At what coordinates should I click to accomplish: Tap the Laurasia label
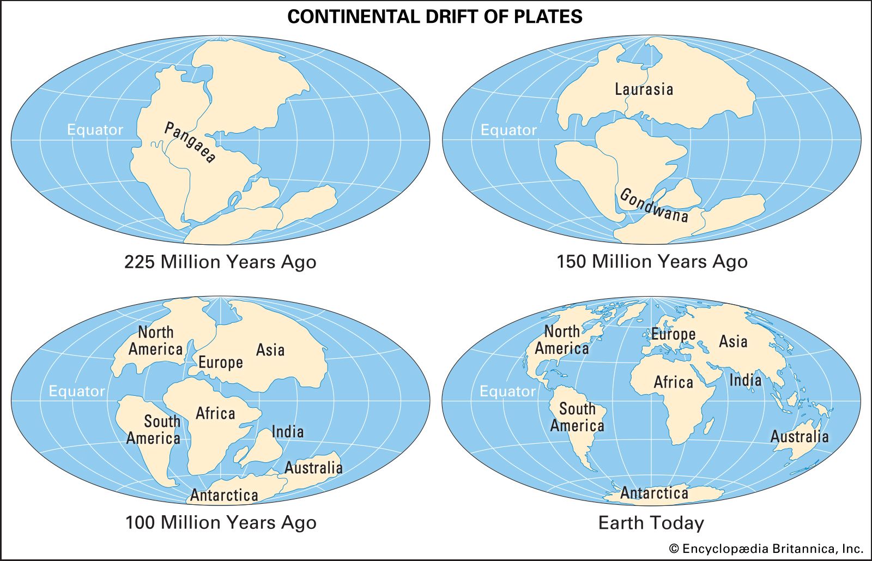(x=644, y=89)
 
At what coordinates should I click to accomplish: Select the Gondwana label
(x=654, y=205)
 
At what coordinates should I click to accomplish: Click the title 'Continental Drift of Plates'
(x=434, y=17)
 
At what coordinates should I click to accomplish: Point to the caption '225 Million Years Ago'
(x=220, y=262)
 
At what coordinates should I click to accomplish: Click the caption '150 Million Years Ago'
(x=652, y=262)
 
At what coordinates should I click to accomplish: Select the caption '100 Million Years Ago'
(x=221, y=522)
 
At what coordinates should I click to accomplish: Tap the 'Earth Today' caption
(x=651, y=523)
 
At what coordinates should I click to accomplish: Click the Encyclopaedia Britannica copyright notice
(x=766, y=548)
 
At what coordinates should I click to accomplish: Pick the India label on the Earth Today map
(x=745, y=380)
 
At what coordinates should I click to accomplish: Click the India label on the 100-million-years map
(x=287, y=432)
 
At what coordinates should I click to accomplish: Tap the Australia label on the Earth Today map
(x=799, y=436)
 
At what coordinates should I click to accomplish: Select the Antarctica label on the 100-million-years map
(x=224, y=495)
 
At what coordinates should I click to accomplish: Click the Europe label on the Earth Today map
(x=673, y=334)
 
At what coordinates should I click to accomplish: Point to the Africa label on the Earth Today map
(x=673, y=382)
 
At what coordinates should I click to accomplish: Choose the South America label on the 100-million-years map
(x=154, y=430)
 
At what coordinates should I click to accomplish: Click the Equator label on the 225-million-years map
(x=95, y=130)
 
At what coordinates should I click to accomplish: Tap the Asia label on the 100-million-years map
(x=270, y=349)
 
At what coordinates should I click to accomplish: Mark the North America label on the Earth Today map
(x=562, y=340)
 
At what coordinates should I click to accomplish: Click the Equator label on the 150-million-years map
(x=508, y=130)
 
